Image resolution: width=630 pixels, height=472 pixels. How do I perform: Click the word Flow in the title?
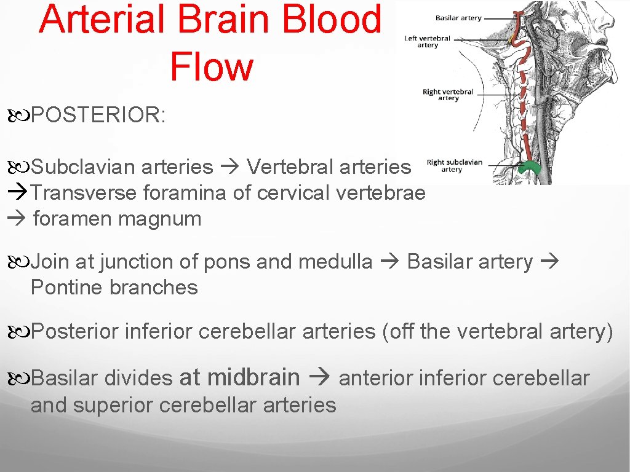click(x=211, y=67)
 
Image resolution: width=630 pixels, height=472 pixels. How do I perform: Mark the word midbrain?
click(x=255, y=377)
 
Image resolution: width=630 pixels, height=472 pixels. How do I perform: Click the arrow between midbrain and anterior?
click(x=321, y=377)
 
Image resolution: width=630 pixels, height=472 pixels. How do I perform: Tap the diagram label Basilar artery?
click(x=458, y=18)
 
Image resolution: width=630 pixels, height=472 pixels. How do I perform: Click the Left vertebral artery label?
click(x=427, y=41)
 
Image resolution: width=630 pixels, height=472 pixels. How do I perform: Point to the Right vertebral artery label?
click(x=448, y=95)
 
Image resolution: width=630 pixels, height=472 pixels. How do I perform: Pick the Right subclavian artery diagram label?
click(x=454, y=166)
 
